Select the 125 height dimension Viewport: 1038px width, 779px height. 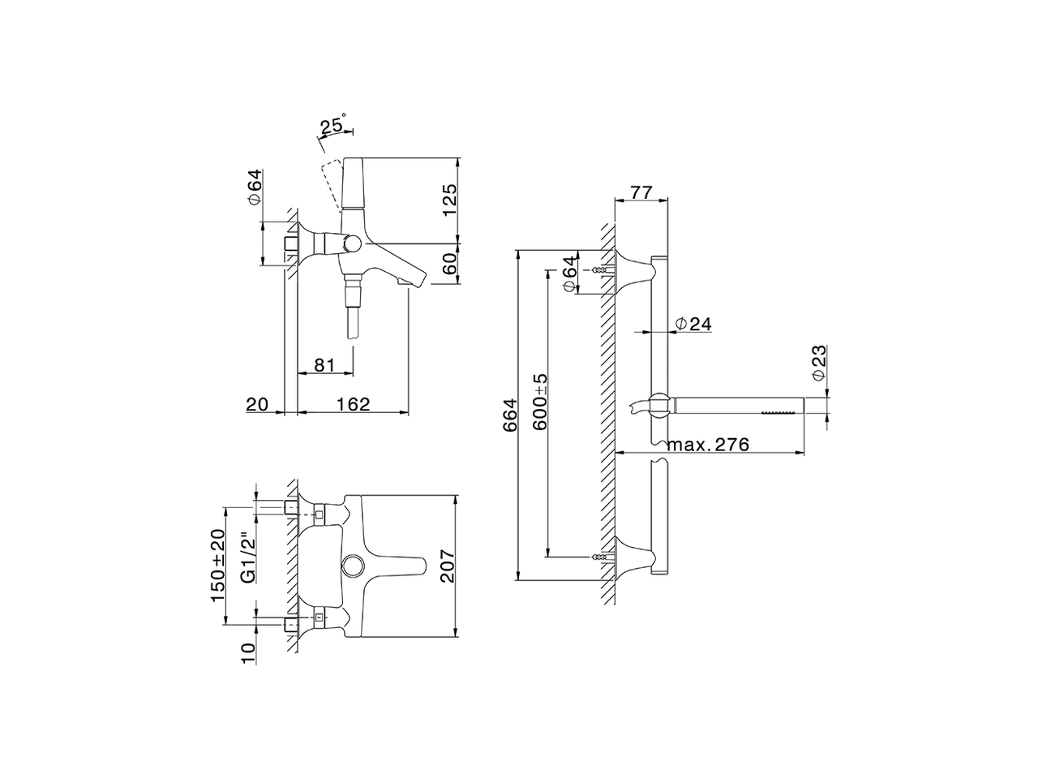pos(450,200)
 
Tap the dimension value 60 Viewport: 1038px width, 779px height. pos(450,265)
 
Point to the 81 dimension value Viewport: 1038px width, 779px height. pos(324,364)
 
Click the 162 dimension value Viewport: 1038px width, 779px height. pos(353,403)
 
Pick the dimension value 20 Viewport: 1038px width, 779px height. pos(257,403)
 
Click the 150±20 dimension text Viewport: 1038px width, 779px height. pos(217,565)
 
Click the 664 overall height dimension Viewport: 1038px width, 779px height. pos(509,415)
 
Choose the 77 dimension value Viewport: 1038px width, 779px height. pos(641,192)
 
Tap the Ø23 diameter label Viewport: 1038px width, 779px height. pos(818,363)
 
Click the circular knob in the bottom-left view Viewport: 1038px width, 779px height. pos(354,565)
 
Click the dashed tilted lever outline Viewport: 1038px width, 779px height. pos(330,187)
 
